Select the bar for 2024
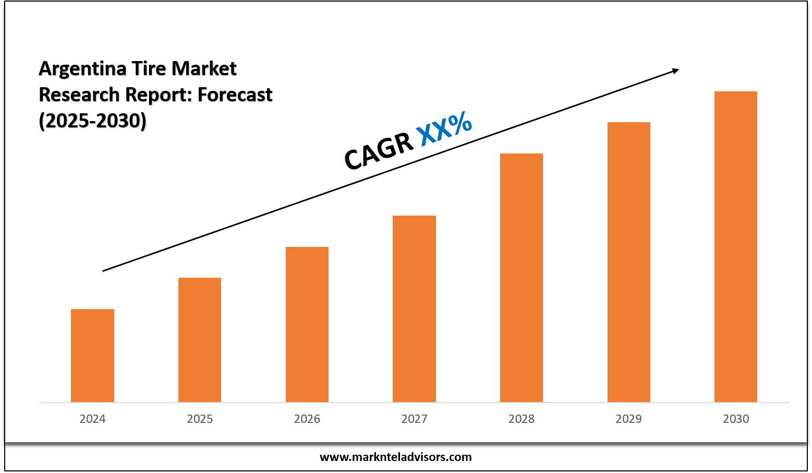pos(92,356)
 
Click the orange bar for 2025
pos(200,340)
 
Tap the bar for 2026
pos(307,324)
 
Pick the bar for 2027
pos(414,309)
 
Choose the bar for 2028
pos(522,278)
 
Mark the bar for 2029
pos(629,262)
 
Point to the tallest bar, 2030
pos(736,246)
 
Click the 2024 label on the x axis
pos(92,419)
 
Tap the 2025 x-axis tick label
pos(200,419)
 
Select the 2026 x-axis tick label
pos(307,419)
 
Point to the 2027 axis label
pos(414,419)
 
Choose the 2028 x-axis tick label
pos(522,419)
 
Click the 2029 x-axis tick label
pos(629,419)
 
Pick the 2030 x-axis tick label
pos(736,419)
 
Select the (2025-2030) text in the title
pos(92,121)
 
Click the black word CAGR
pos(378,151)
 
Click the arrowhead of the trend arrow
pos(675,70)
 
